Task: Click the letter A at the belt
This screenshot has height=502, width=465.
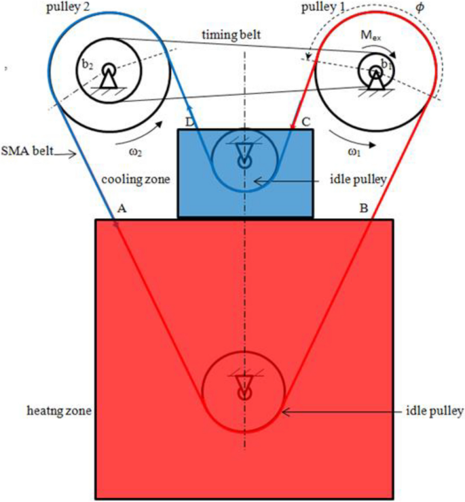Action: [122, 209]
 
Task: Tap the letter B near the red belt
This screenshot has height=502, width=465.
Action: [364, 209]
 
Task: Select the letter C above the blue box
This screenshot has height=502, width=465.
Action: [306, 122]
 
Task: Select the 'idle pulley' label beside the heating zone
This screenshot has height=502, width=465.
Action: [434, 411]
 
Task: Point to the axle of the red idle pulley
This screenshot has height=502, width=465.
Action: [244, 392]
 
